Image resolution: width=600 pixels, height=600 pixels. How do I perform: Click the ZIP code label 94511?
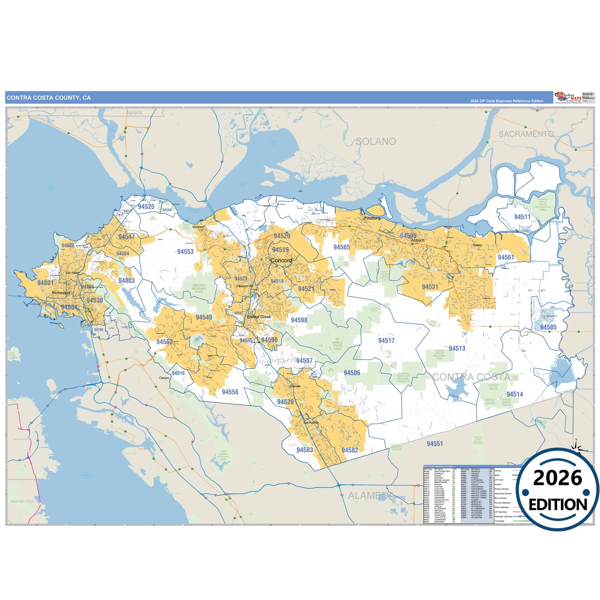522,217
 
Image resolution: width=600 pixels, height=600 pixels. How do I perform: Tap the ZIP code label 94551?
435,444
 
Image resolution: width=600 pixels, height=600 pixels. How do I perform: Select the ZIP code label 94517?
386,340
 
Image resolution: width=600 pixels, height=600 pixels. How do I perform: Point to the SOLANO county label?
376,142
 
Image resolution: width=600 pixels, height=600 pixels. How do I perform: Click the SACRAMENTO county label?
526,134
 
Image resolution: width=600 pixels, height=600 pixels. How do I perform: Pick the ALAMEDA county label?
371,495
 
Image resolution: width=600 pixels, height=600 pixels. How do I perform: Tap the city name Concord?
281,260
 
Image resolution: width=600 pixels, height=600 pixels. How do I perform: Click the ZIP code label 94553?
185,252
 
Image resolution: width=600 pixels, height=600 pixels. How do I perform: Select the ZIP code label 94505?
548,327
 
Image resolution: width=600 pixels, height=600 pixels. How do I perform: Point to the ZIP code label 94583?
304,450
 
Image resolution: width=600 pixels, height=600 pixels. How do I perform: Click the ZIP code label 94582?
350,450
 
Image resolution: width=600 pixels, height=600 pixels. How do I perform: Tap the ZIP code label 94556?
230,392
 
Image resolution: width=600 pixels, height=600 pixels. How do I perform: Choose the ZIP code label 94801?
45,283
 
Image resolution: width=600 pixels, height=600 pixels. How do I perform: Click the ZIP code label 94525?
146,206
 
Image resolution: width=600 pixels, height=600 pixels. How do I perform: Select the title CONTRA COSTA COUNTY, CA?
49,98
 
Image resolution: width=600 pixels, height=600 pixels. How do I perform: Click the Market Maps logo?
568,98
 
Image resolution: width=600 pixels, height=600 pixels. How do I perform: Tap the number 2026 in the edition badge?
557,478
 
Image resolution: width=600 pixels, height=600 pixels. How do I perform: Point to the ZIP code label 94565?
341,247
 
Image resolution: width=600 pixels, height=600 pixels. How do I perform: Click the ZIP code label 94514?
514,394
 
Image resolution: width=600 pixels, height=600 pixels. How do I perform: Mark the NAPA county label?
135,113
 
